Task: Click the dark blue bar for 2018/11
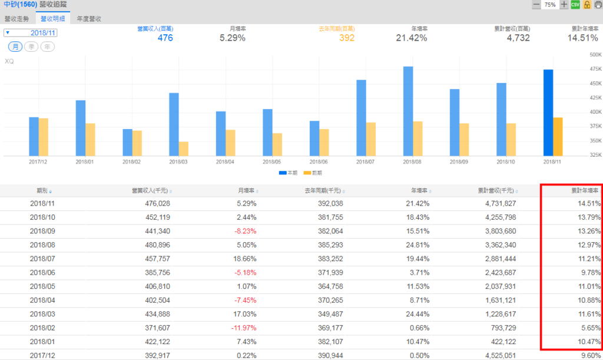tap(548, 113)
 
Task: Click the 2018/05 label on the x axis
tap(272, 161)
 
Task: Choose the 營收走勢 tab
tap(17, 19)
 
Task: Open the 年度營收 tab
tap(89, 19)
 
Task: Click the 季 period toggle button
tap(31, 47)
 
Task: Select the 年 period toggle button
tap(47, 47)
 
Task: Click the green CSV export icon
tap(575, 5)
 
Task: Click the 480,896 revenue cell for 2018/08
tap(156, 244)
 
